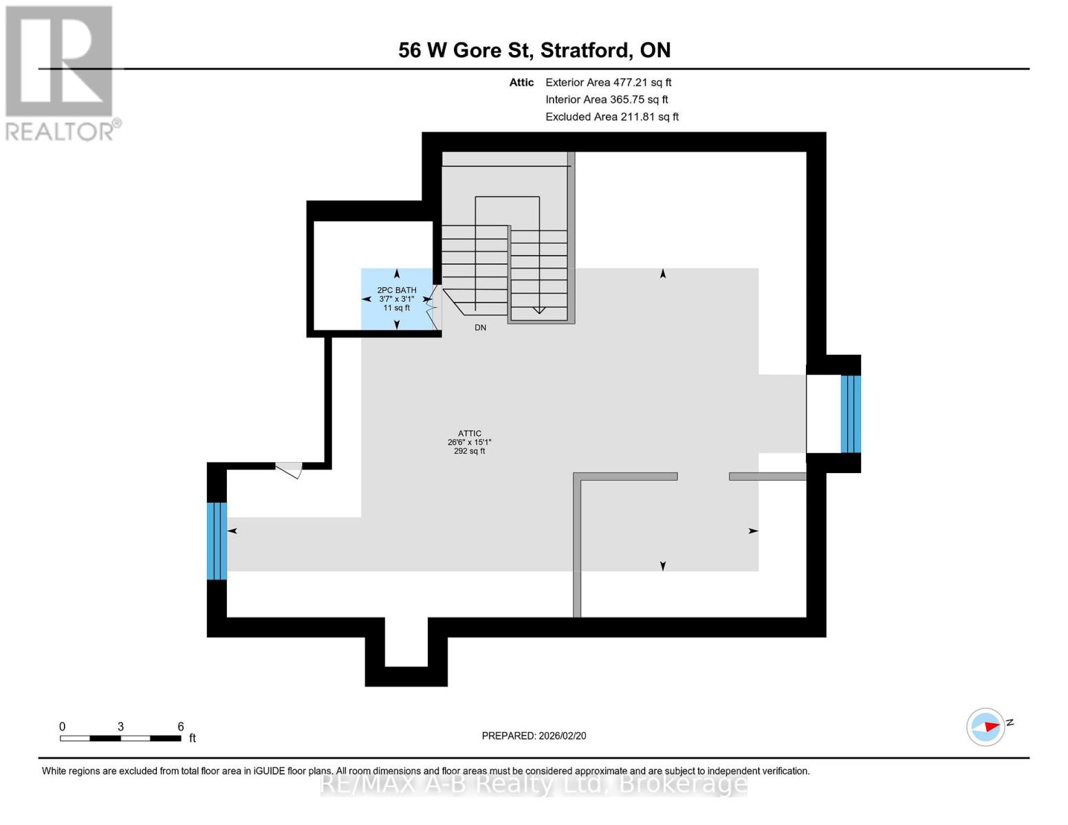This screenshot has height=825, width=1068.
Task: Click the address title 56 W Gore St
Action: point(534,50)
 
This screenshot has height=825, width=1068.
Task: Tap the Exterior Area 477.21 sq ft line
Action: point(608,82)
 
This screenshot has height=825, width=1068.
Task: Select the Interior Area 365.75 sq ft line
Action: point(607,100)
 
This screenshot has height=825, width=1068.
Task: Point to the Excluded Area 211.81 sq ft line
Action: point(611,117)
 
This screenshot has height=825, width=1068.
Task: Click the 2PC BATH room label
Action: point(397,290)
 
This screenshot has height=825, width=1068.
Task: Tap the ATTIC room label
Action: point(470,434)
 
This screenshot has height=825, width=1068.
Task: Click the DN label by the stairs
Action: point(480,328)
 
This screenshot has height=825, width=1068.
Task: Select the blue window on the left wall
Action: point(217,541)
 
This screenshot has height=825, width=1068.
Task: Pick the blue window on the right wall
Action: point(851,414)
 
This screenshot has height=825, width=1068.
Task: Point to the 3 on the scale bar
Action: point(120,727)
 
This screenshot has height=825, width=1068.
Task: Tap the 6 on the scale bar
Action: point(181,727)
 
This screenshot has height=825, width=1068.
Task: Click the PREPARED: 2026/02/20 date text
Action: point(534,736)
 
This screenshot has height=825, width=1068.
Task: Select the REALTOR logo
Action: point(61,72)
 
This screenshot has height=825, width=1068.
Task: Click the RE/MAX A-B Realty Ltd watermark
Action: point(534,784)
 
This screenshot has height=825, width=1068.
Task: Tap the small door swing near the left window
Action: point(290,470)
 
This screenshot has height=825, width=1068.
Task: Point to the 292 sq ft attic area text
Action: point(470,452)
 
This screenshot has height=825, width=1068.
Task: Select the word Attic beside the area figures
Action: point(521,82)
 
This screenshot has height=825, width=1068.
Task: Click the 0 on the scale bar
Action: point(62,727)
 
